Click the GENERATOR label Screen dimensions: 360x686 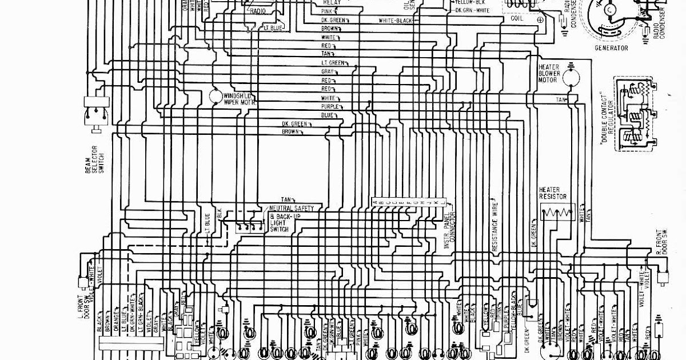(x=612, y=49)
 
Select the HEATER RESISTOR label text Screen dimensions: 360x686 (x=553, y=193)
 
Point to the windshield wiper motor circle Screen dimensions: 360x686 (x=216, y=96)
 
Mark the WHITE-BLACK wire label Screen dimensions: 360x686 (x=395, y=21)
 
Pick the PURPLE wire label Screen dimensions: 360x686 (x=330, y=107)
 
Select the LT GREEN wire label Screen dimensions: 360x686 (x=332, y=62)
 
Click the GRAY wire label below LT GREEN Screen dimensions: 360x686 (x=327, y=71)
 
